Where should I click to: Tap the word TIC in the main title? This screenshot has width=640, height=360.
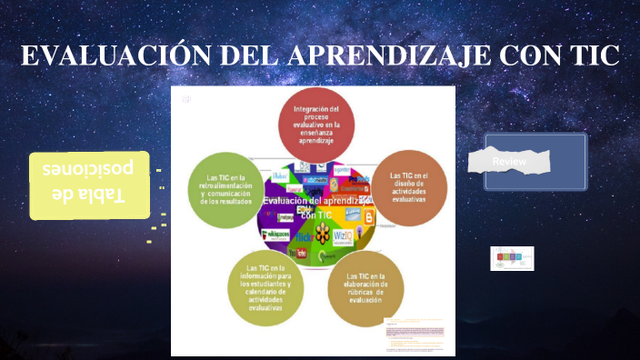[591, 55]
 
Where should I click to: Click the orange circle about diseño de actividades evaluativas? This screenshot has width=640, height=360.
[410, 186]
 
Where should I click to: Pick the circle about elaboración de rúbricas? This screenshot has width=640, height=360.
[365, 289]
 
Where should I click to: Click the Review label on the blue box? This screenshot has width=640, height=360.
[509, 162]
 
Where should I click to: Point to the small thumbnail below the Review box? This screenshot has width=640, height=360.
[512, 258]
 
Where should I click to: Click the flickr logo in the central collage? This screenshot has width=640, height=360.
[303, 237]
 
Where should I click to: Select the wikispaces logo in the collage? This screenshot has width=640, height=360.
[277, 235]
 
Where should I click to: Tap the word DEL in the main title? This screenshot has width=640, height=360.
[247, 55]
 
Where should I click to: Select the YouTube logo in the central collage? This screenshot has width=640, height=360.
[290, 252]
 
